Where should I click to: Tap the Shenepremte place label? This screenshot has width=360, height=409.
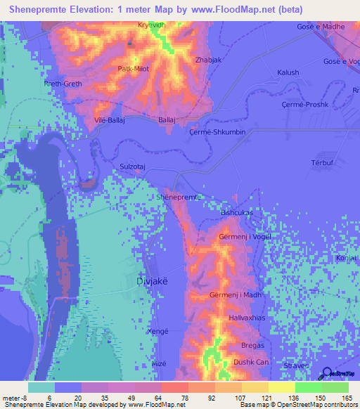(180, 197)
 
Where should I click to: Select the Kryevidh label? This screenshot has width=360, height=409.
(153, 25)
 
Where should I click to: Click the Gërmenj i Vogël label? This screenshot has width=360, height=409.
(245, 237)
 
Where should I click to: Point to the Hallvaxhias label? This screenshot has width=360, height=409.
(247, 319)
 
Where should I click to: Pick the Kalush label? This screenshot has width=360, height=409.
(288, 72)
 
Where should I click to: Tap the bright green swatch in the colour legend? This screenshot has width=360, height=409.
(308, 387)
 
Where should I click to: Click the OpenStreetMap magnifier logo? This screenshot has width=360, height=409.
(327, 373)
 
